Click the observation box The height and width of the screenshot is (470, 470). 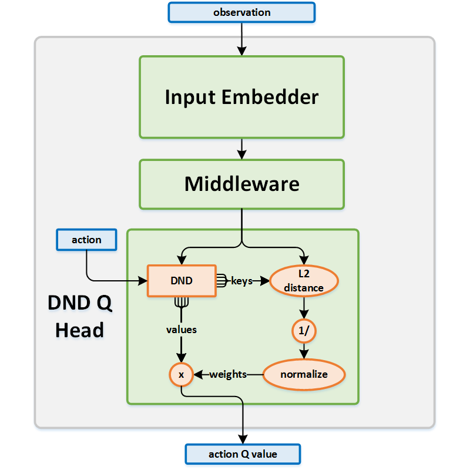click(x=241, y=12)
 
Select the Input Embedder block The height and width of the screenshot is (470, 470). click(x=241, y=97)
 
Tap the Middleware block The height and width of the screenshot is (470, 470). click(x=241, y=184)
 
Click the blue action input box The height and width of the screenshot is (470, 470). click(x=86, y=240)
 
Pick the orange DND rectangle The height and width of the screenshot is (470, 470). click(x=181, y=281)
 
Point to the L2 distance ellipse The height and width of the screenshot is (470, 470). click(x=304, y=281)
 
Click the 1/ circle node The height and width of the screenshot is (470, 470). click(x=304, y=331)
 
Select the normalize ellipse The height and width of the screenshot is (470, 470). click(x=304, y=374)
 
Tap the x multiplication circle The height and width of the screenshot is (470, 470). click(x=181, y=374)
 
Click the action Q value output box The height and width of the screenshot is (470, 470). click(x=243, y=454)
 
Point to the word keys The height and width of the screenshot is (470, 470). click(x=241, y=281)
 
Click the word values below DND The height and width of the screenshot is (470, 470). click(x=181, y=330)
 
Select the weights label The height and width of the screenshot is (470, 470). click(x=228, y=374)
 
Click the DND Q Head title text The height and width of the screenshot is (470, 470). click(x=79, y=317)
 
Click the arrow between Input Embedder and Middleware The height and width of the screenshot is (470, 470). click(x=241, y=149)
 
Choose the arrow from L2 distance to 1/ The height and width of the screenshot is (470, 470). click(x=304, y=307)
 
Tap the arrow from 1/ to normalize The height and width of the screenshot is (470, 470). click(x=304, y=350)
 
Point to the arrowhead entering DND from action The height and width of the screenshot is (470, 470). click(x=142, y=281)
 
